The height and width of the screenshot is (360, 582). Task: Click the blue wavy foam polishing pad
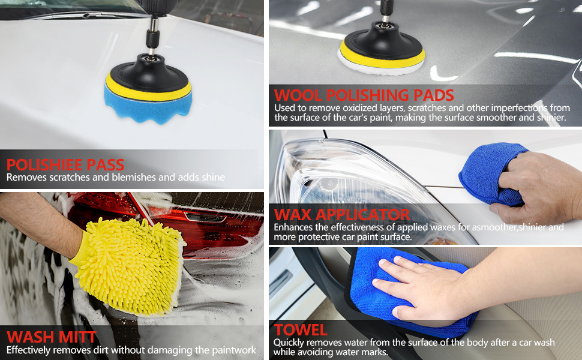click(x=148, y=106)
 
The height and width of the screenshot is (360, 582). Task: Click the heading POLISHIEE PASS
click(x=65, y=165)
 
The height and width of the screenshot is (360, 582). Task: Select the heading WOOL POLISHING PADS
click(x=364, y=95)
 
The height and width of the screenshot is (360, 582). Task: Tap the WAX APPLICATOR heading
click(x=342, y=215)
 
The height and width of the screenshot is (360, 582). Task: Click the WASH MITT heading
click(x=52, y=337)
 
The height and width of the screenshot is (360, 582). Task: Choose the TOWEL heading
click(x=301, y=329)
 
